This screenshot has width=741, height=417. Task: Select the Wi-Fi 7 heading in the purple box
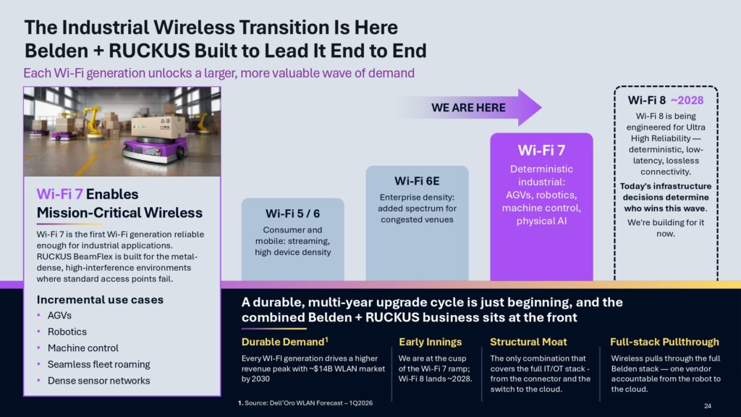541,151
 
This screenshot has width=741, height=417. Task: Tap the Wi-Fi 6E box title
417,181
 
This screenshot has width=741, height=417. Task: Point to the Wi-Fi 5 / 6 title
292,214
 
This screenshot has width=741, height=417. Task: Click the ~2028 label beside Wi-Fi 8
687,100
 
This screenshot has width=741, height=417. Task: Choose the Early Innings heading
430,342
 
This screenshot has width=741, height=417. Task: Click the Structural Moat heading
528,342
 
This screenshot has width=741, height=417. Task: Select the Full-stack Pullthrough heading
664,342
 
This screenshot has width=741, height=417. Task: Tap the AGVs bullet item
59,316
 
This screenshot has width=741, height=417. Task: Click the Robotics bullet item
67,332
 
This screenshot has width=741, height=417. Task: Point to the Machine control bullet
83,348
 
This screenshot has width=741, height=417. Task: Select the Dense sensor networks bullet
98,381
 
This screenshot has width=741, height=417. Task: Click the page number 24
708,405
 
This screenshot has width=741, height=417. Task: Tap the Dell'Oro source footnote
305,403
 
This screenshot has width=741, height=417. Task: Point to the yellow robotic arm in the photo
91,121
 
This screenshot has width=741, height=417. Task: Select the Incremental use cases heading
100,300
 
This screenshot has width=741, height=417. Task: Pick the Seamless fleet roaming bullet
98,365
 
